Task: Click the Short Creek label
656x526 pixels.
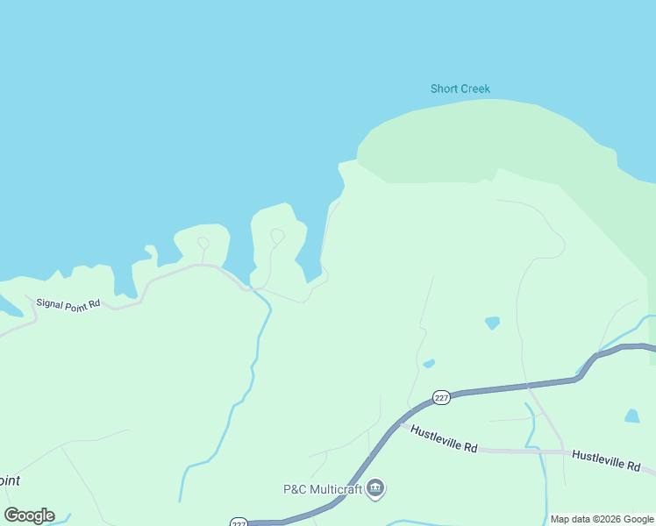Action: (460, 89)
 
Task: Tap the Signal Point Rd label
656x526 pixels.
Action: (68, 303)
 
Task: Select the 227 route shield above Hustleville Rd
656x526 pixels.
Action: (441, 397)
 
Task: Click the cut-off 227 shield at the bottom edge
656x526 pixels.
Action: (239, 522)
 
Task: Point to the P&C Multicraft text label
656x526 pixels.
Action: (322, 489)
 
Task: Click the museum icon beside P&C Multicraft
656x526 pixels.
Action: (375, 487)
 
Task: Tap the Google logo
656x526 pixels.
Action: (29, 515)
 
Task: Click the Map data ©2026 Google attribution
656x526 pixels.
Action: (603, 519)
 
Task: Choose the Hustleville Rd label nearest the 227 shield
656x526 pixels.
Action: (444, 439)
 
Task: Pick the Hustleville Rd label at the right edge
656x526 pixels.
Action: (606, 461)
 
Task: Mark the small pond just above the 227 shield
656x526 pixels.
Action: (429, 363)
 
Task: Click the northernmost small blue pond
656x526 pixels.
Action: (492, 323)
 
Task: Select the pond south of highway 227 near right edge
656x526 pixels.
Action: (631, 416)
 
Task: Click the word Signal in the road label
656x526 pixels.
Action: (51, 302)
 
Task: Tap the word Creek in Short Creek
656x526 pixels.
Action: (474, 89)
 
